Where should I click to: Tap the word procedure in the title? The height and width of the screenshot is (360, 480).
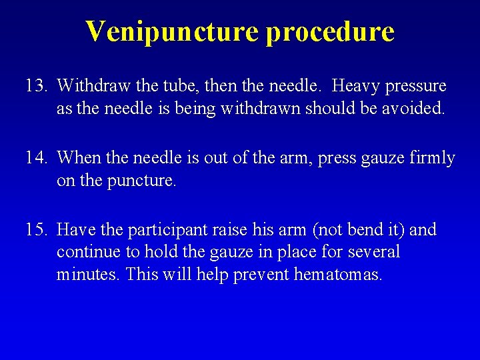click(x=330, y=31)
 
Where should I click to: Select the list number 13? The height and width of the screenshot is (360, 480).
click(x=35, y=86)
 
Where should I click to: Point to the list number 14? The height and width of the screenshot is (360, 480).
click(x=35, y=158)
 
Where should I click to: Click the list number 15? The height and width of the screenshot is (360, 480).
click(x=35, y=230)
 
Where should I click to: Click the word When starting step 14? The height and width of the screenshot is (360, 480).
click(x=78, y=158)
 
